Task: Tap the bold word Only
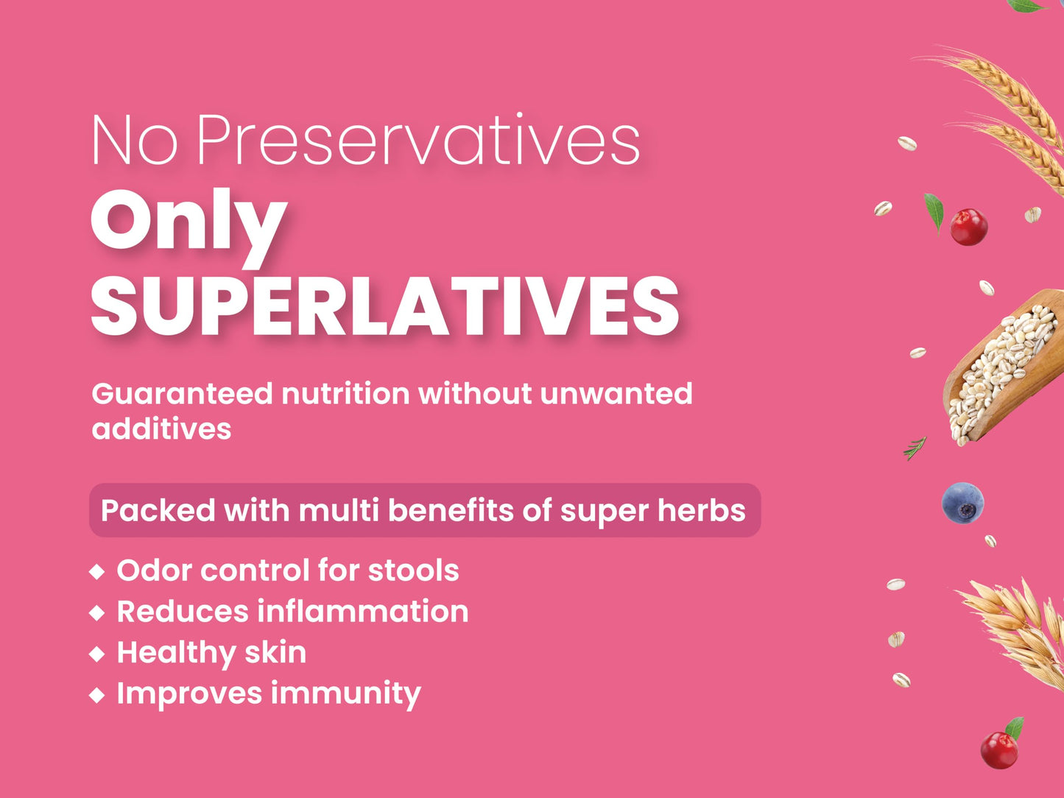click(188, 227)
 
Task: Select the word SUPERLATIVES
click(385, 306)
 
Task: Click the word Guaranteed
click(183, 393)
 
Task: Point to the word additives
click(161, 428)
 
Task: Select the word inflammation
click(362, 611)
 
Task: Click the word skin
click(275, 652)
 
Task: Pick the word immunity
click(345, 694)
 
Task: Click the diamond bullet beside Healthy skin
click(97, 654)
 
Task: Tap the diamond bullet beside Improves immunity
click(97, 695)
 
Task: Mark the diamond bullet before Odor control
click(97, 572)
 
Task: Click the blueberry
click(962, 503)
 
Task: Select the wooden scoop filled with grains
click(1002, 367)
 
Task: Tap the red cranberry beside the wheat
click(968, 227)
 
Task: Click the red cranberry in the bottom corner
click(998, 750)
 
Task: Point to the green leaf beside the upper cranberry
click(934, 212)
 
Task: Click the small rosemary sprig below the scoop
click(915, 448)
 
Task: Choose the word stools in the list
click(414, 571)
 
